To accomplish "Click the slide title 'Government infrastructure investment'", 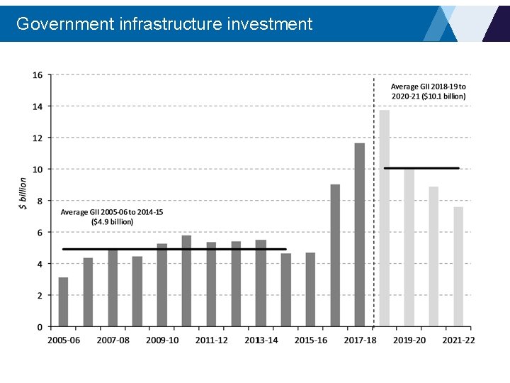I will [x=164, y=24].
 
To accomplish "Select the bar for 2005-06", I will [x=63, y=302].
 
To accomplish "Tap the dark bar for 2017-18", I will [x=359, y=235].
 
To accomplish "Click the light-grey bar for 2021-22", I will [x=458, y=267].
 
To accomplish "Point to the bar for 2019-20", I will [x=409, y=248].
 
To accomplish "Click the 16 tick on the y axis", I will [x=37, y=75].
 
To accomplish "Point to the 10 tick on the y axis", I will [x=37, y=170].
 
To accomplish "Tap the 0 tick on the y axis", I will [x=40, y=327].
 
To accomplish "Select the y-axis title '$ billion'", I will [x=23, y=194].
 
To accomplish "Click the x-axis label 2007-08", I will [x=113, y=340].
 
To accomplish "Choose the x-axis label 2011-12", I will [x=212, y=340].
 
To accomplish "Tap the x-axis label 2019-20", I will [x=409, y=340].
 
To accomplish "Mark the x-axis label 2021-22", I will [x=458, y=340].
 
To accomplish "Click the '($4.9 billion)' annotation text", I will [x=112, y=221].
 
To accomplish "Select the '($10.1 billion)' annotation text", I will [x=429, y=96].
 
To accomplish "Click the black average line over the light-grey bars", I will [x=421, y=168].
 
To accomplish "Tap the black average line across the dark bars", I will [x=174, y=249].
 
